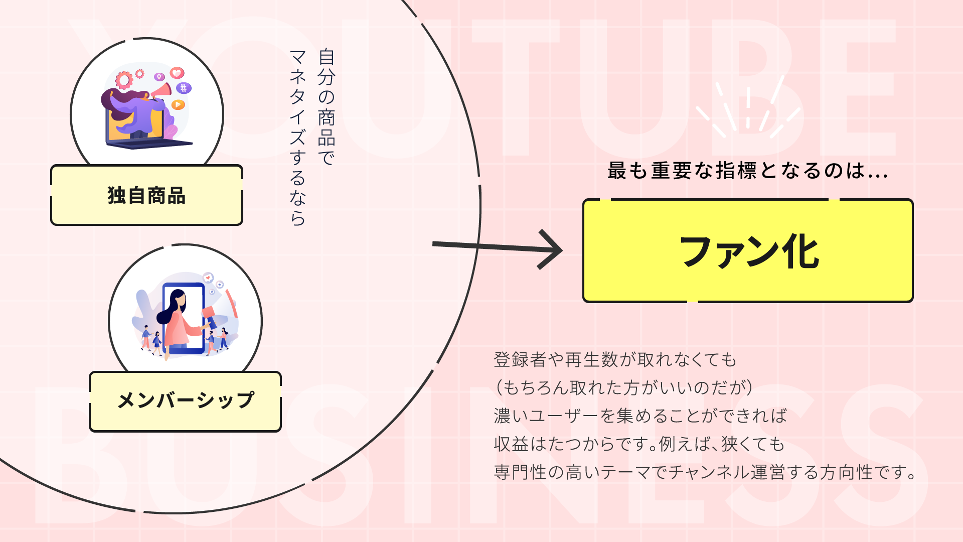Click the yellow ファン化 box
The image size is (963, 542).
coord(747,251)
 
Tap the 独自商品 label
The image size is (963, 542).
coord(146,195)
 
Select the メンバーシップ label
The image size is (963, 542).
coord(185,401)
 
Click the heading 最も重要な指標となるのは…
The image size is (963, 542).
coord(747,171)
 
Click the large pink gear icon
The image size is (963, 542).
coord(124,80)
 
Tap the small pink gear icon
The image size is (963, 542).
coord(140,74)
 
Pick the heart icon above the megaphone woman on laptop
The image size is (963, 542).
coord(177,73)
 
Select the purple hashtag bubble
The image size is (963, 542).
coord(184,88)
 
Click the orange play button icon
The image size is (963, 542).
coord(178,104)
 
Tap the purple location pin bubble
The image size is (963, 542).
coord(159,77)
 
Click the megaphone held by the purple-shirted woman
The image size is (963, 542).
coord(162,91)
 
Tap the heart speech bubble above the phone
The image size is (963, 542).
coord(208,278)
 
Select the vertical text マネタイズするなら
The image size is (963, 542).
coord(297,138)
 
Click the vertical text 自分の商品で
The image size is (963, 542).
coord(327,107)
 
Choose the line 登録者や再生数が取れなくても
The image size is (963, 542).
coord(615,360)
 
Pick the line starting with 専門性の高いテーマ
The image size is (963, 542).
coord(705,472)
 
